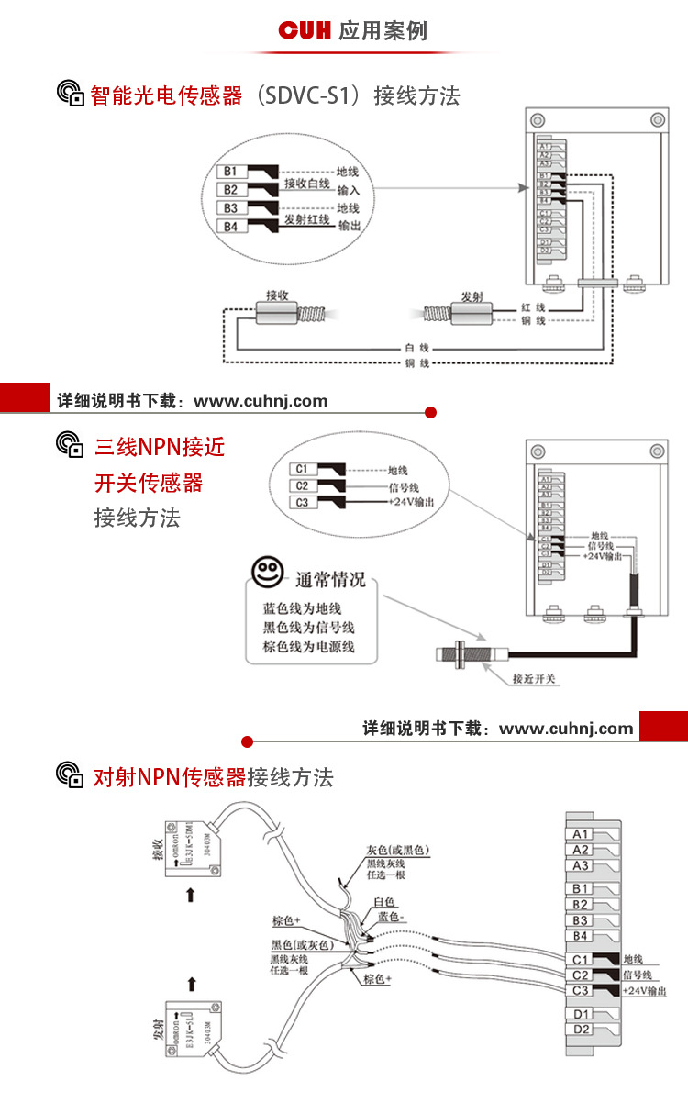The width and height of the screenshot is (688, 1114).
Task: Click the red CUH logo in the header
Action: pyautogui.click(x=305, y=31)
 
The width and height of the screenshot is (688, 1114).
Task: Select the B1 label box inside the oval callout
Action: pyautogui.click(x=231, y=172)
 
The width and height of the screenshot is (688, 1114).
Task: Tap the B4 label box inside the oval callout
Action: pyautogui.click(x=231, y=227)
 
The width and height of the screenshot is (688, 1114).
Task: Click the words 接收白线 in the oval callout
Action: pyautogui.click(x=306, y=184)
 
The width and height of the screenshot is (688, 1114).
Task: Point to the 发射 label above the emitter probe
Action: pyautogui.click(x=472, y=296)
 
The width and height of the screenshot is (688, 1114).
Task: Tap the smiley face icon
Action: pyautogui.click(x=268, y=574)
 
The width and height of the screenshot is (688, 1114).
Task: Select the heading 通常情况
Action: pyautogui.click(x=330, y=580)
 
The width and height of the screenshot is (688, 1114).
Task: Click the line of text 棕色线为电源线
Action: pyautogui.click(x=308, y=647)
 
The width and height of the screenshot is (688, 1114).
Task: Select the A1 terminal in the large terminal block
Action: pyautogui.click(x=581, y=834)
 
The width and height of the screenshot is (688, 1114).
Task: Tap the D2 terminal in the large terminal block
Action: pyautogui.click(x=581, y=1029)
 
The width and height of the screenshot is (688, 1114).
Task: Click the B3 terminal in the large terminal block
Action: pyautogui.click(x=581, y=919)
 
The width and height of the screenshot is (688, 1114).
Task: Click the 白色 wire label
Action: pyautogui.click(x=384, y=903)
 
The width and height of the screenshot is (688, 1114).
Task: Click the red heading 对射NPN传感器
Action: pyautogui.click(x=170, y=778)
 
